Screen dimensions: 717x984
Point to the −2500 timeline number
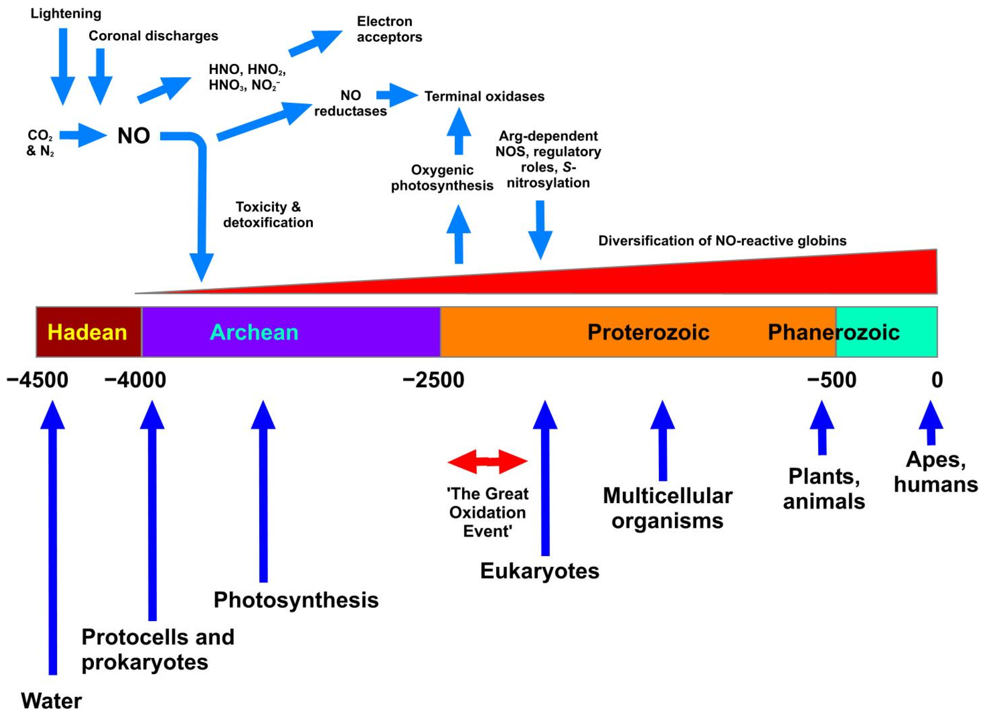point(433,380)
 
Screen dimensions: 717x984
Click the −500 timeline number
point(831,380)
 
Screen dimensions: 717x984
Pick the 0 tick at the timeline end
point(937,380)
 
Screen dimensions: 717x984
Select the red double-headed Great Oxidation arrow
point(487,461)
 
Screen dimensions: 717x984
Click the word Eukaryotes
point(539,571)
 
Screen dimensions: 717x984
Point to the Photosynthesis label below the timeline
point(296,600)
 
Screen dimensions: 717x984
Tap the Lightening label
point(66,13)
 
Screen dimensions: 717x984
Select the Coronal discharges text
point(153,35)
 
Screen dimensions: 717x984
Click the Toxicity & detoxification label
point(268,214)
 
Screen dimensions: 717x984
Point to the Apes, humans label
point(935,472)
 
